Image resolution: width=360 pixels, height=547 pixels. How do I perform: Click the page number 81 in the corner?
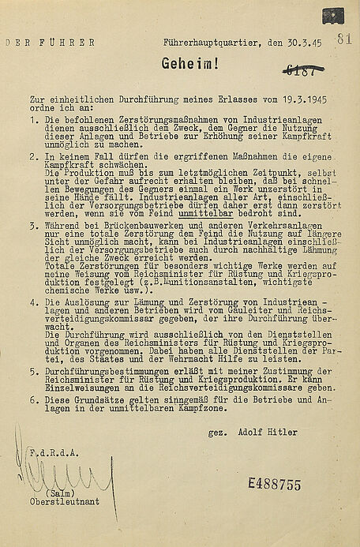343,39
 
